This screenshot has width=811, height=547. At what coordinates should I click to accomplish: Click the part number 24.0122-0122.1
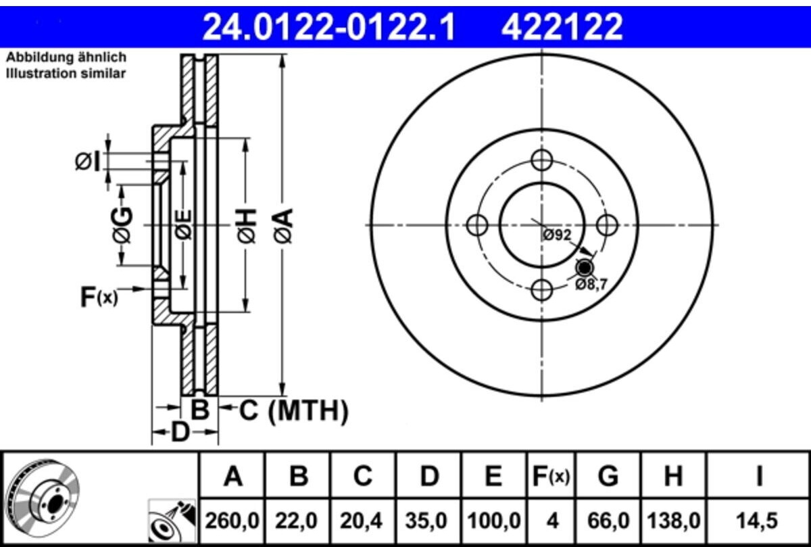click(x=328, y=27)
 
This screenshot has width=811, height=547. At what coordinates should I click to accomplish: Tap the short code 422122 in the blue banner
click(x=562, y=27)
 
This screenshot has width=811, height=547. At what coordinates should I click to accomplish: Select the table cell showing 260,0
click(x=232, y=521)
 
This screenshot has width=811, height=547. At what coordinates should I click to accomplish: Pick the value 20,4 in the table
click(x=361, y=521)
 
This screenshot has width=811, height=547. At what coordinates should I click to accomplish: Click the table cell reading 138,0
click(x=673, y=521)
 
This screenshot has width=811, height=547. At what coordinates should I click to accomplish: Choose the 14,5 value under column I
click(x=757, y=521)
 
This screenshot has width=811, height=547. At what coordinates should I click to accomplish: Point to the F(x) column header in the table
click(x=551, y=477)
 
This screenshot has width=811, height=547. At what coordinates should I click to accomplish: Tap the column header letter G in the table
click(x=608, y=476)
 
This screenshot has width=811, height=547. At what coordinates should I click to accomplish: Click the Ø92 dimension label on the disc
click(x=557, y=235)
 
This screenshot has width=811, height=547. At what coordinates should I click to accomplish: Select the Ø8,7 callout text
click(x=591, y=285)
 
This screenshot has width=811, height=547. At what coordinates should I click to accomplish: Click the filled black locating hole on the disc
click(x=585, y=268)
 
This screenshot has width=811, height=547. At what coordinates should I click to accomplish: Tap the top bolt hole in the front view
click(x=541, y=160)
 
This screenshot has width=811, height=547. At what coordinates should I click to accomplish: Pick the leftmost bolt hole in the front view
click(x=477, y=225)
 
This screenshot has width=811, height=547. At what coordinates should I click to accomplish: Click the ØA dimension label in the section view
click(x=283, y=225)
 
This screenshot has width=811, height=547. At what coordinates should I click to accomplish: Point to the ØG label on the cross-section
click(x=122, y=225)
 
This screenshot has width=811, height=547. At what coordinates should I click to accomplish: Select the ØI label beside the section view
click(x=87, y=162)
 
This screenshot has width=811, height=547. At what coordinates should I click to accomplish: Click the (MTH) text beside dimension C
click(x=308, y=411)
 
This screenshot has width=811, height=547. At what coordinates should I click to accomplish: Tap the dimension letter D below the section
click(x=180, y=432)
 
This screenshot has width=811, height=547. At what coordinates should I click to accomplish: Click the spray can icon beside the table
click(x=172, y=521)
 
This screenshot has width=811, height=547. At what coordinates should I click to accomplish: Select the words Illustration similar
click(x=66, y=74)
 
